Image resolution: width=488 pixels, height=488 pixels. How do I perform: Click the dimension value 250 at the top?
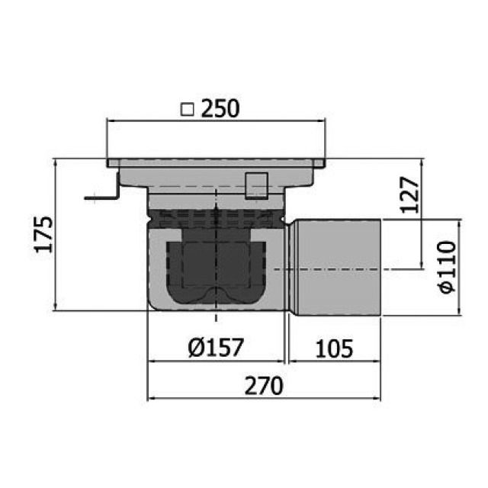[220, 110]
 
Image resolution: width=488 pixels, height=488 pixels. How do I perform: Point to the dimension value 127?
[409, 194]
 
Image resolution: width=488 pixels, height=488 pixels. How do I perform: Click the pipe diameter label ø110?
[446, 266]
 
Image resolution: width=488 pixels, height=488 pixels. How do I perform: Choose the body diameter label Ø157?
[215, 348]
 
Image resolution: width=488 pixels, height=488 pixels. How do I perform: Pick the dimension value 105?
[332, 348]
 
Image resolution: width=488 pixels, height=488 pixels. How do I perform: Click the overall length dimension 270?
[263, 385]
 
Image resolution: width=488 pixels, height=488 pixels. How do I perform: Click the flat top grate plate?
[217, 162]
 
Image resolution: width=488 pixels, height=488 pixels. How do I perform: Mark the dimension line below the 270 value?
[263, 397]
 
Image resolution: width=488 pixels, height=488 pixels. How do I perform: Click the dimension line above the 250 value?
[217, 120]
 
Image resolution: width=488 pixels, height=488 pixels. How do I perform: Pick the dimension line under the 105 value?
[332, 361]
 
